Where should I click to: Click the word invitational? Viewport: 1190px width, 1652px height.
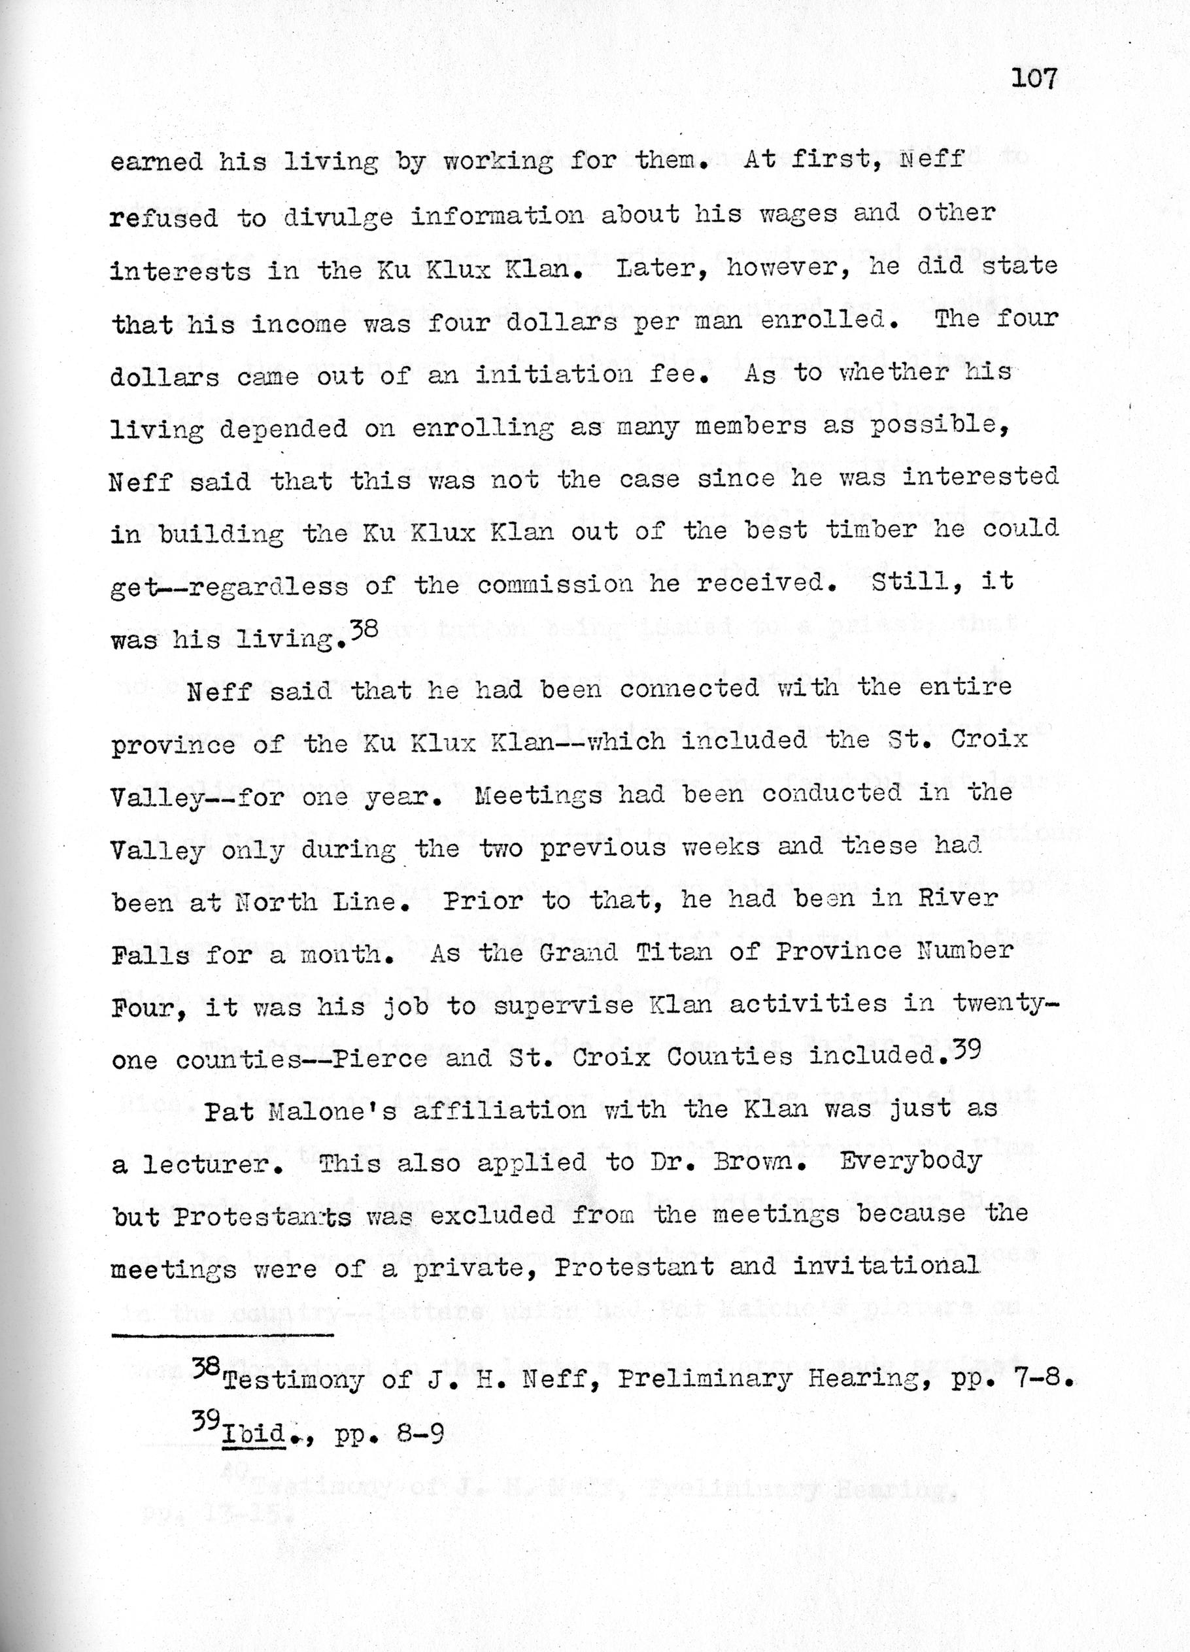pos(885,1267)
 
